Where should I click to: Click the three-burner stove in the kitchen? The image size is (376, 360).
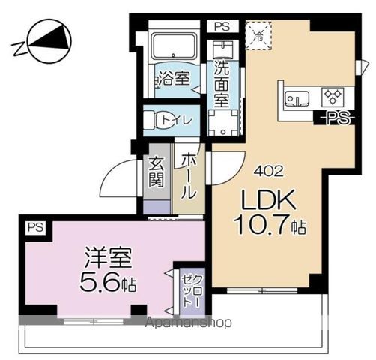coord(331,96)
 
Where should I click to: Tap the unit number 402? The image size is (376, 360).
coord(268,170)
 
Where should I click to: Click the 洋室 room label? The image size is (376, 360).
coord(109,259)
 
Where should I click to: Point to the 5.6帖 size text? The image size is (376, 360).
coord(109,284)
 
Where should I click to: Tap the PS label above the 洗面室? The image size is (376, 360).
coord(222,25)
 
